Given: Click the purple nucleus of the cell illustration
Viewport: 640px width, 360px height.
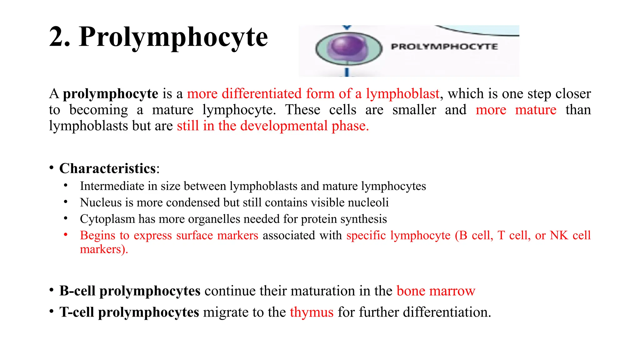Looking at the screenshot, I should point(348,46).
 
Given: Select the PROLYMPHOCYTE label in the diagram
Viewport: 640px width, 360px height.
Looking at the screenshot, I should point(444,47).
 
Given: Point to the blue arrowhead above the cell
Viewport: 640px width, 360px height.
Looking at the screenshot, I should point(347,28).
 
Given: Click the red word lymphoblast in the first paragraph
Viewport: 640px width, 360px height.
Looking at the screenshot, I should point(402,94).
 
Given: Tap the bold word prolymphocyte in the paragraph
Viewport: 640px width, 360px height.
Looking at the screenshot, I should point(111,94).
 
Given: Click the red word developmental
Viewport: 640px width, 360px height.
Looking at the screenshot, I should point(284,126).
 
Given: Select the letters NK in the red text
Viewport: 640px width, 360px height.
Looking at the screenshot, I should point(559,235).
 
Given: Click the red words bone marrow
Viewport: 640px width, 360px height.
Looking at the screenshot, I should point(436,291).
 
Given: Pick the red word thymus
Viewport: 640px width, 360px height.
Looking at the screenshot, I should point(312,312).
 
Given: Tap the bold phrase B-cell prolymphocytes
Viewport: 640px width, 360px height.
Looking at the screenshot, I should point(130,291).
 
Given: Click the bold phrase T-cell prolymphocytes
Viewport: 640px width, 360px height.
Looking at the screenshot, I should point(129,312).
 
